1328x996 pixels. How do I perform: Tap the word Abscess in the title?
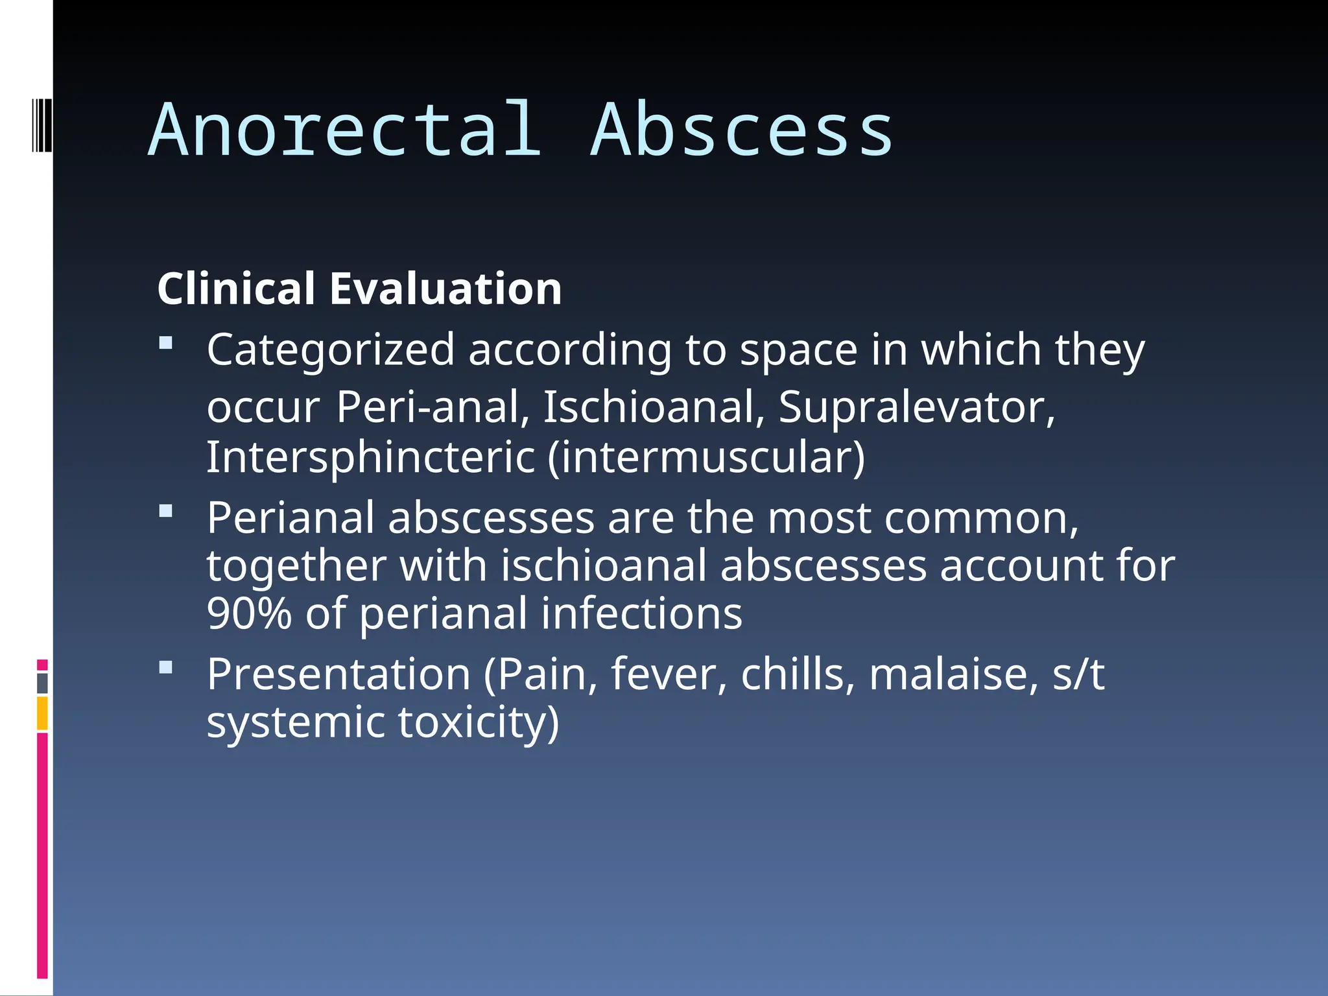pos(742,131)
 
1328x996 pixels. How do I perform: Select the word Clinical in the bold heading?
pos(236,289)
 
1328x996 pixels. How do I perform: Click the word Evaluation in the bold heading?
pos(445,289)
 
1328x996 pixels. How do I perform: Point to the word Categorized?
pos(331,350)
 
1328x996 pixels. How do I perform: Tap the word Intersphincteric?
pos(370,457)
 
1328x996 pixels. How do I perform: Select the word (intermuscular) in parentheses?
pos(706,457)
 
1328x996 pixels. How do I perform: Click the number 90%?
pos(249,613)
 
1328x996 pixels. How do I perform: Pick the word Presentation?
pos(338,675)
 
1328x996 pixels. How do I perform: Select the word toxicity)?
pos(478,722)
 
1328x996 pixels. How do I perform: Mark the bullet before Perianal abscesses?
pos(166,511)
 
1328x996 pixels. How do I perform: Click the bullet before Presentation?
pos(166,667)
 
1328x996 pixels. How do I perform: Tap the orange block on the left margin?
pos(42,713)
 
